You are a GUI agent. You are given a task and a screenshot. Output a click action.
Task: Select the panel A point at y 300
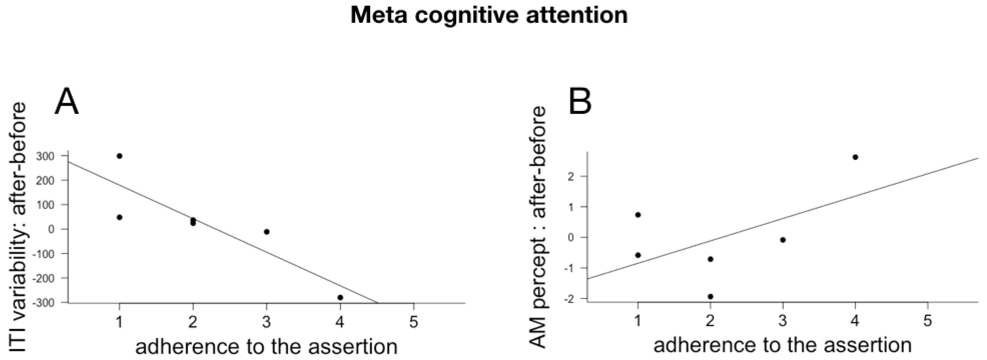click(120, 156)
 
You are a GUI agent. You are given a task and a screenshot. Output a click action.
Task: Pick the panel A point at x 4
click(340, 298)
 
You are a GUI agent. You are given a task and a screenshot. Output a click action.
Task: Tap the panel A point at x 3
click(267, 232)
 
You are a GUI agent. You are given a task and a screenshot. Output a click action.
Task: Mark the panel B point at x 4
click(855, 157)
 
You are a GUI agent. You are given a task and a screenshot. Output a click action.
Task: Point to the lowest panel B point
click(710, 296)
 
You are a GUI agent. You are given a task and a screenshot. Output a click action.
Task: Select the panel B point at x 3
click(783, 240)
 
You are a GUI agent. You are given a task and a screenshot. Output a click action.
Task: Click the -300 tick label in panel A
click(45, 302)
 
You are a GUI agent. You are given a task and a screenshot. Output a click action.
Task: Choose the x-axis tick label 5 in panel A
click(413, 322)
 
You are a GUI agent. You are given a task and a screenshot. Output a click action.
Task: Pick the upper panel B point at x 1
click(638, 215)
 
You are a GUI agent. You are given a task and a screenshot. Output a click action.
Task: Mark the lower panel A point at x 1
click(120, 217)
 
